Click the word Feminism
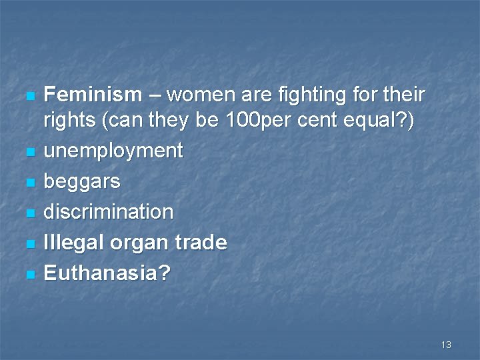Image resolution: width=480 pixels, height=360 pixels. point(93,95)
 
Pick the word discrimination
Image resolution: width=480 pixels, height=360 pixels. point(108,212)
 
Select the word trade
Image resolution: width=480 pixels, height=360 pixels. point(199,243)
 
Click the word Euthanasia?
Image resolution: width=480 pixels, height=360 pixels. point(107,273)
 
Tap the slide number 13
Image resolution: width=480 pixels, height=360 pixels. point(446,345)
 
